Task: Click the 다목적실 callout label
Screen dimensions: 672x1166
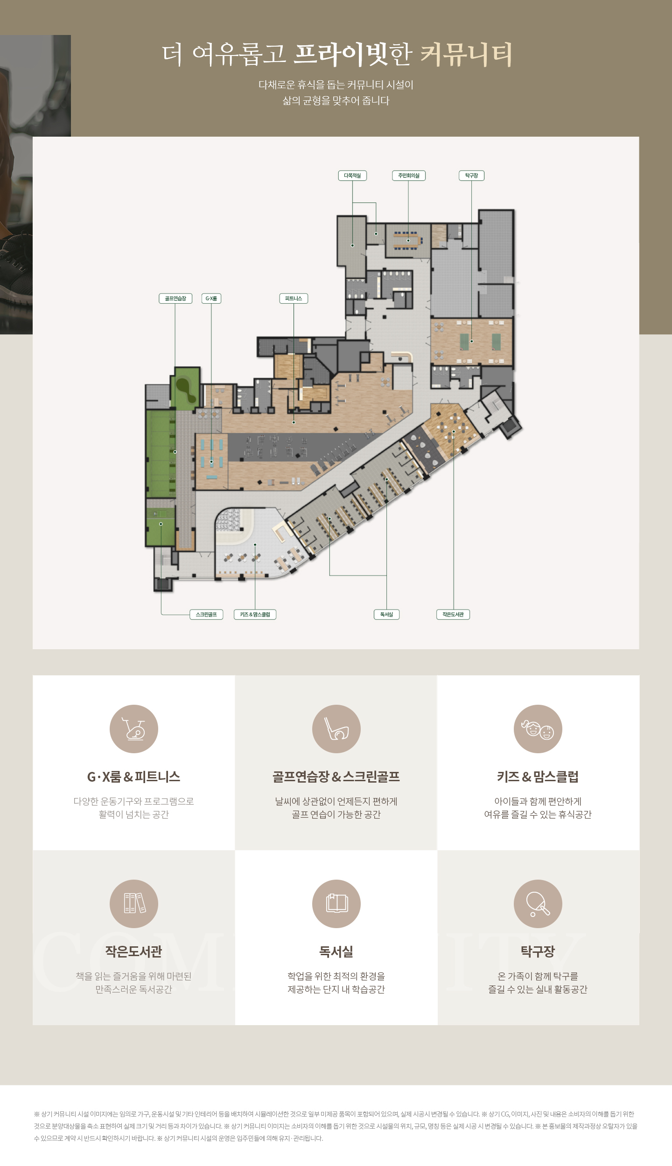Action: click(x=352, y=175)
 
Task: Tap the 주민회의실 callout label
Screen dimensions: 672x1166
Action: click(x=409, y=175)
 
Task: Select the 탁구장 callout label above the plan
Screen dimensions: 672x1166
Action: click(x=471, y=175)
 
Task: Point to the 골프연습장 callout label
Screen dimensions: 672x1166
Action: click(x=175, y=298)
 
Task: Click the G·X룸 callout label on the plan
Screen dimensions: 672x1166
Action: click(x=211, y=298)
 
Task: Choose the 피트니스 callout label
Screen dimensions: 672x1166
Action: click(x=294, y=298)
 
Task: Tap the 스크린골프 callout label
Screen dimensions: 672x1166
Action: click(x=206, y=614)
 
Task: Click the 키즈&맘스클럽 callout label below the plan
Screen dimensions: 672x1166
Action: click(x=255, y=614)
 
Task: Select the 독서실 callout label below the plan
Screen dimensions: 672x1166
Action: click(x=386, y=614)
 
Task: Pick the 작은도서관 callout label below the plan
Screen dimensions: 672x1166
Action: click(x=453, y=614)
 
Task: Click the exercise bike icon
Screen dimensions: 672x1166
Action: click(x=134, y=729)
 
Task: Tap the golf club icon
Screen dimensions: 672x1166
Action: click(x=336, y=729)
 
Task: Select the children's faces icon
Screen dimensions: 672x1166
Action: click(x=538, y=729)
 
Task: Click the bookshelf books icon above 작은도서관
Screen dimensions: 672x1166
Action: click(x=134, y=904)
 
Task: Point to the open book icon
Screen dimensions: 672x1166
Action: click(x=336, y=904)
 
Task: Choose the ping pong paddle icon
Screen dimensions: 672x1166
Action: click(x=538, y=904)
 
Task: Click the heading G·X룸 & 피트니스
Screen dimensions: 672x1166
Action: click(x=134, y=777)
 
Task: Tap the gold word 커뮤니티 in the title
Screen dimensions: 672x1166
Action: click(x=466, y=55)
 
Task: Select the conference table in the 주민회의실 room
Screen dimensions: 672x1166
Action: click(x=408, y=241)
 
